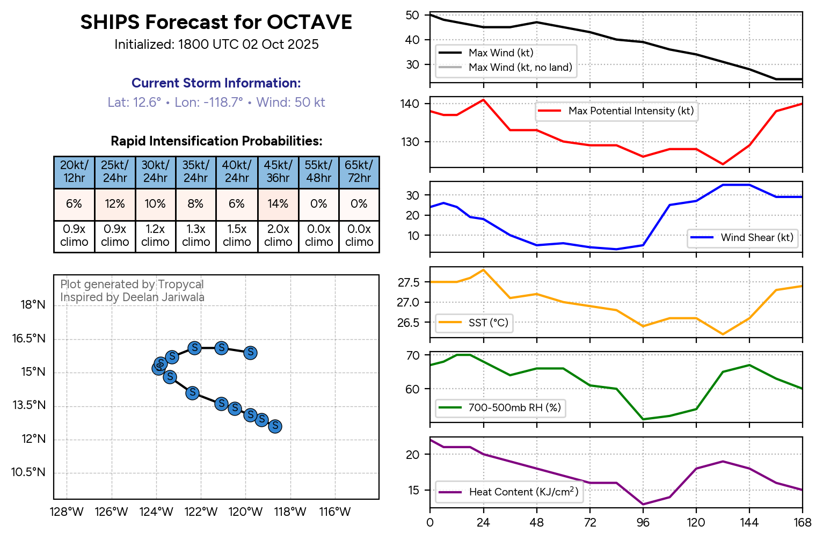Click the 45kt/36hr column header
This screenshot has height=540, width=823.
(278, 172)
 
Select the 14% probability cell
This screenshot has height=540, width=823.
(278, 204)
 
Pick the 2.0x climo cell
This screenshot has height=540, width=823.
(278, 236)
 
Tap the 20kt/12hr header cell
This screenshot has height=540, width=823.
(74, 172)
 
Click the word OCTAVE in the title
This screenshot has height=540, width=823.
(309, 22)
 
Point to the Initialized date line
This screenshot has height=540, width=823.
(216, 45)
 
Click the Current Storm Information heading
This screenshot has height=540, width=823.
(216, 83)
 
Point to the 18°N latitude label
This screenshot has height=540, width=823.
(33, 305)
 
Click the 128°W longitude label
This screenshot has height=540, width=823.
(67, 512)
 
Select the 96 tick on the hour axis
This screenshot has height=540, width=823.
(643, 523)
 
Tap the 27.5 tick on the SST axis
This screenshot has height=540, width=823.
(408, 283)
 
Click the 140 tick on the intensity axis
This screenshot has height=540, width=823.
(409, 104)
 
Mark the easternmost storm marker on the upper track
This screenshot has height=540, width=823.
(250, 353)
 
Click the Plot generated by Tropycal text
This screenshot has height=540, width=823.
(132, 284)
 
